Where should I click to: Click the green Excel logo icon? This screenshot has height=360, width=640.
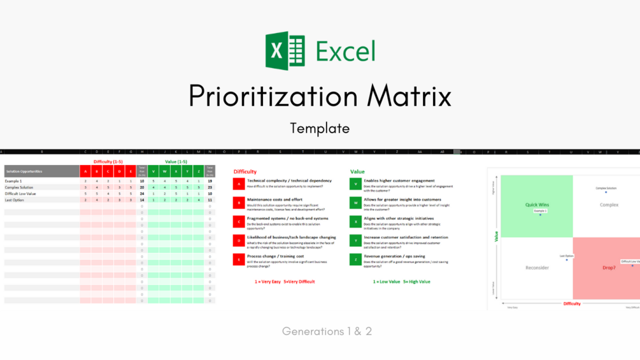285,51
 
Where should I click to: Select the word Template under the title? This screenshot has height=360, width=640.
320,128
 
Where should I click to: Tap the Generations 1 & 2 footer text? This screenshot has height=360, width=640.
327,331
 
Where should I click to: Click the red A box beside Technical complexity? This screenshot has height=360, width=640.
239,184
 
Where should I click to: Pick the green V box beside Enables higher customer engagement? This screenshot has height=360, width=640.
355,184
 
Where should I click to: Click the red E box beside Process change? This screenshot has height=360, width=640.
239,259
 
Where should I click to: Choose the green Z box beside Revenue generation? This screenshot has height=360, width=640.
355,259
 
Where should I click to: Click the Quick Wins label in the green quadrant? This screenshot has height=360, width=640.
537,205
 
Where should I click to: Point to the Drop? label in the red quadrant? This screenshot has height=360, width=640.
609,268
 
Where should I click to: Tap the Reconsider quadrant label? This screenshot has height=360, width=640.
537,268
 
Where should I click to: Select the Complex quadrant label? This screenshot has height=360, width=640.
609,205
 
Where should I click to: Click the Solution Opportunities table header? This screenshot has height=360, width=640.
24,171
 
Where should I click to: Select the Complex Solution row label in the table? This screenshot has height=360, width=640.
19,187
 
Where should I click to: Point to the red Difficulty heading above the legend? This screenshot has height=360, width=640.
245,171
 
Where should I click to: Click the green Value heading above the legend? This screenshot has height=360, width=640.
357,171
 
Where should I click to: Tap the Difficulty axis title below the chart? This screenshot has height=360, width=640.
572,304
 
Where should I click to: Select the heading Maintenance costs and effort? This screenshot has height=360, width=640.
274,199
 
